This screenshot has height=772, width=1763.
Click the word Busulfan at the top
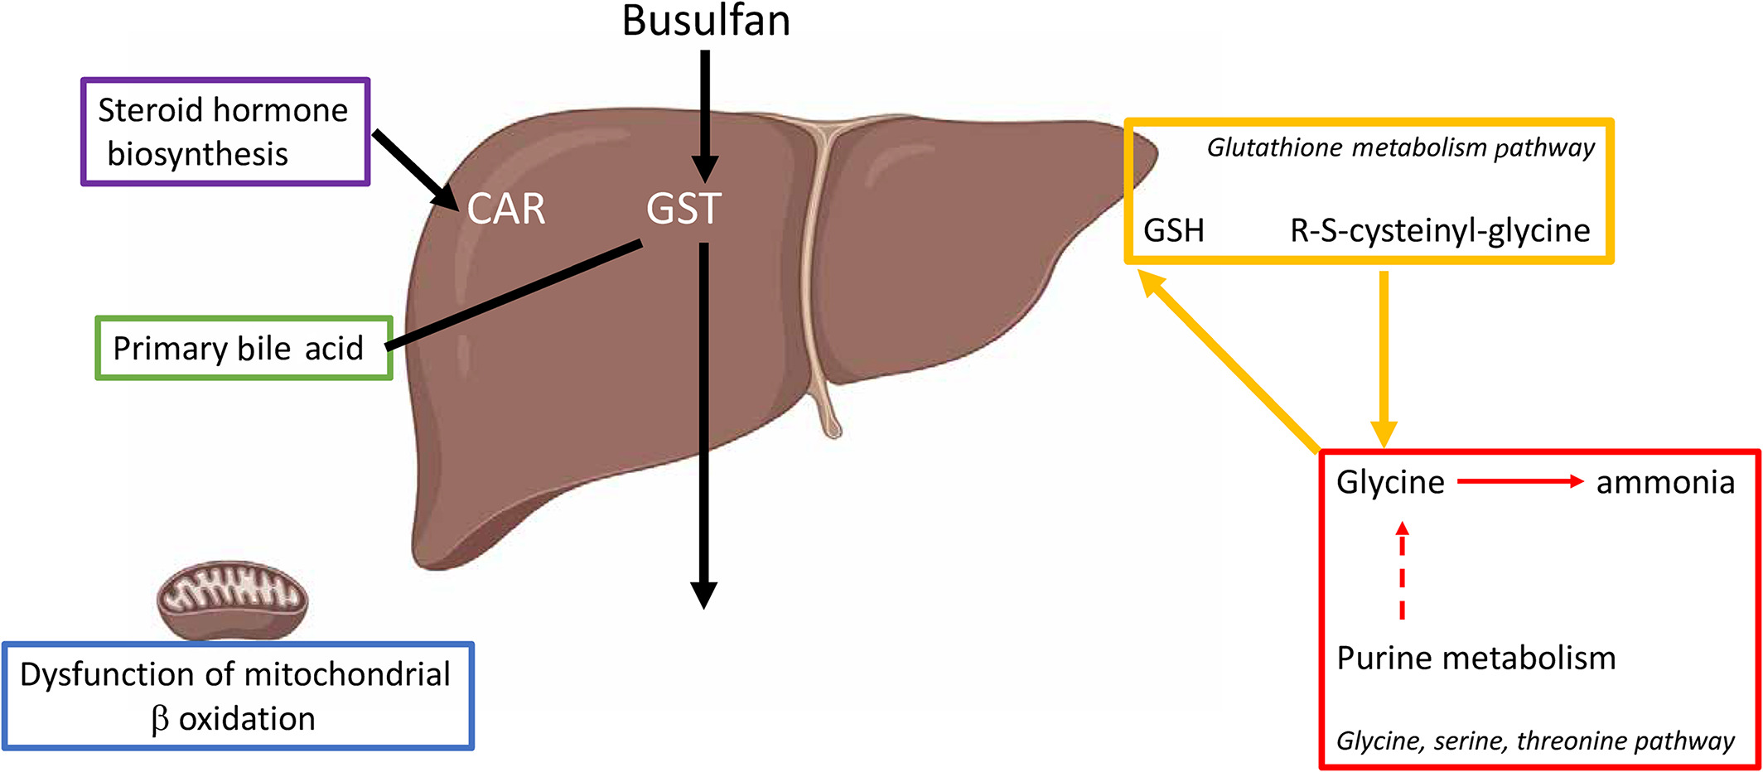coord(706,22)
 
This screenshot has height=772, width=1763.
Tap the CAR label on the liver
coord(506,209)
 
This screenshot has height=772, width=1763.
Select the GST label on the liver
coord(683,209)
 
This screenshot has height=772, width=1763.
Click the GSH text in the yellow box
coord(1173,230)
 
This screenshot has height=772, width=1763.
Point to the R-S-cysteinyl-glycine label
coord(1440,230)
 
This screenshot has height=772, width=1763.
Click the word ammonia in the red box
coord(1664,482)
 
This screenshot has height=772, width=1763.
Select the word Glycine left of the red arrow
coord(1390,482)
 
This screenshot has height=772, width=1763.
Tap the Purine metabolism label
coord(1476,659)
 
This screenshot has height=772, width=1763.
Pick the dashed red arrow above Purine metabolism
coord(1402,571)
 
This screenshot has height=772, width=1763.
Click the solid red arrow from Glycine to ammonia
coord(1519,481)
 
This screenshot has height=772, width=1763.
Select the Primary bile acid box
coord(244,348)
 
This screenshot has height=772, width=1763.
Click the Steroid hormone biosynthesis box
coord(225,132)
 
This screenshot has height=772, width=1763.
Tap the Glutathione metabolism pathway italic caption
coord(1400,147)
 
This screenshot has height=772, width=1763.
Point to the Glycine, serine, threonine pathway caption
coord(1534,741)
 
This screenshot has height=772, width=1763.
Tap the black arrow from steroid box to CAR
coord(415,170)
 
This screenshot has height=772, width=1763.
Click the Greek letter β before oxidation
coord(161,719)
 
